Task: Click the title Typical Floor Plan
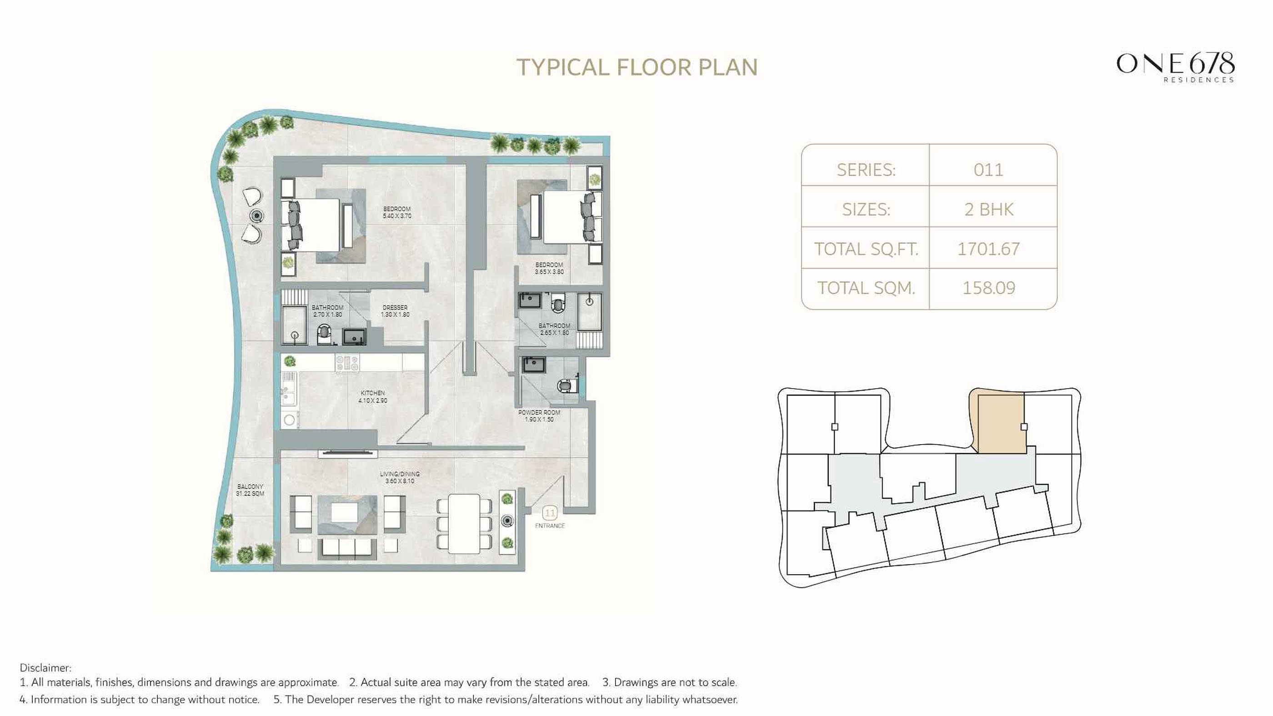(x=636, y=68)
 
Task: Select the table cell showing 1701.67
(x=988, y=249)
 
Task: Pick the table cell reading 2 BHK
(x=988, y=210)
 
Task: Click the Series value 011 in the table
(x=988, y=170)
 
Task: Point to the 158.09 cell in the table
(x=988, y=288)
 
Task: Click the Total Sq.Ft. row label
(x=866, y=249)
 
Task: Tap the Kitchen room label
(x=373, y=397)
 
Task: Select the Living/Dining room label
(x=400, y=477)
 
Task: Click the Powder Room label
(x=539, y=416)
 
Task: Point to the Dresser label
(x=395, y=311)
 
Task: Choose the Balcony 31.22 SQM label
(x=250, y=490)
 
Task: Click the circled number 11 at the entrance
(x=550, y=513)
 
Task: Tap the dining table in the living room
(x=464, y=524)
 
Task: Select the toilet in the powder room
(x=566, y=385)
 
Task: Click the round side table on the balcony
(x=256, y=215)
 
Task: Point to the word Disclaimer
(x=45, y=667)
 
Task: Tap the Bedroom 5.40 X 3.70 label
(x=397, y=212)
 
